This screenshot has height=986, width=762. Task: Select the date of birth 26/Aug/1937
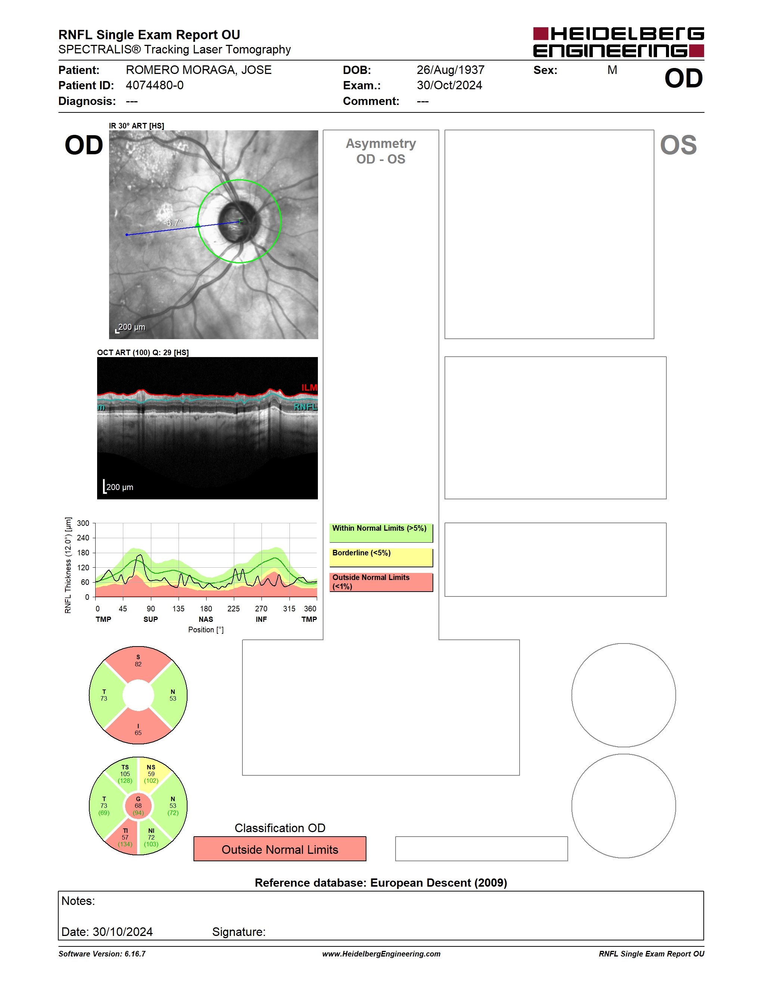point(450,70)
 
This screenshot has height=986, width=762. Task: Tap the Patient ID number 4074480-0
point(154,85)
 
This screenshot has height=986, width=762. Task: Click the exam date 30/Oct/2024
point(449,85)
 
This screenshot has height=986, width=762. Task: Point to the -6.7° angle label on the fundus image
point(173,223)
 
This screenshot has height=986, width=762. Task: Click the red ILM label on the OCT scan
point(309,387)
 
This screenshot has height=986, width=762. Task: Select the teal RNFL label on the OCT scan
point(306,407)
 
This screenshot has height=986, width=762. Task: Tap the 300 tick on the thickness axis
point(83,523)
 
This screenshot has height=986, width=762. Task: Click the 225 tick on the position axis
point(233,608)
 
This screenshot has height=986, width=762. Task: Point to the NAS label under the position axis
point(206,619)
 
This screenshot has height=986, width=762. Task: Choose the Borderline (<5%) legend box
point(381,558)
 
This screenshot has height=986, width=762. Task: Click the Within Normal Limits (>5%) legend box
point(381,533)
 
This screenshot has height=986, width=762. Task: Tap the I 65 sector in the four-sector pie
point(138,728)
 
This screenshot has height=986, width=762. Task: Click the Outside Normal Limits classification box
point(280,849)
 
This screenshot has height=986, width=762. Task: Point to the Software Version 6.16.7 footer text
point(102,954)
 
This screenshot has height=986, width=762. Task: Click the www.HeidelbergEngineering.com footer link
point(381,954)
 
